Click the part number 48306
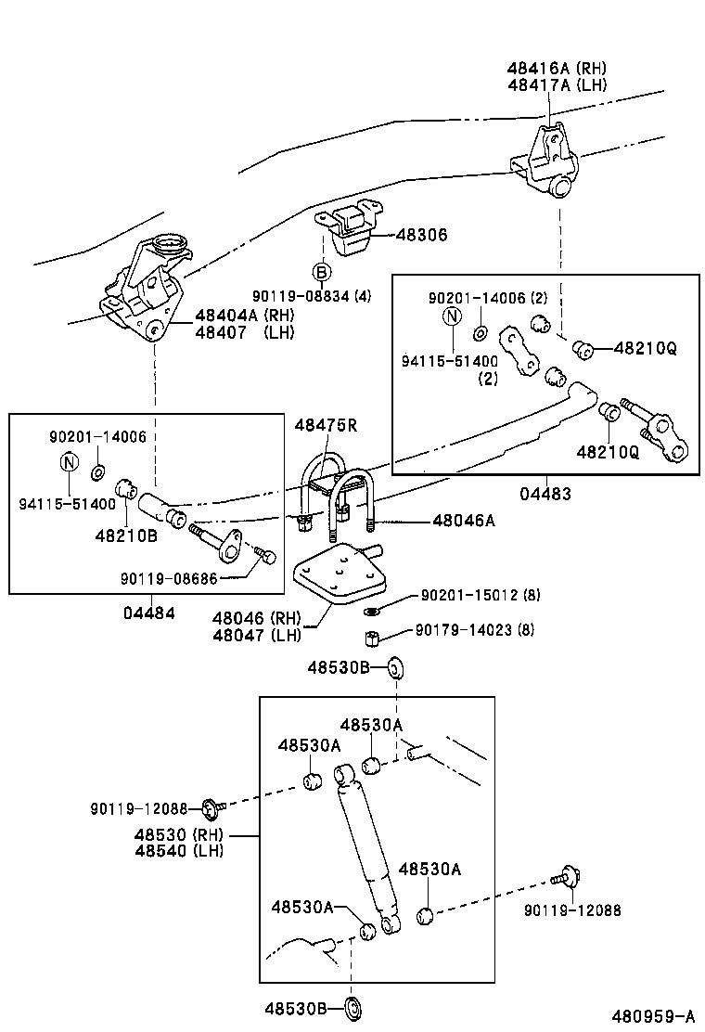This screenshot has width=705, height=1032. [x=421, y=235]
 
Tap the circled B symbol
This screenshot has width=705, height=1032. [x=322, y=272]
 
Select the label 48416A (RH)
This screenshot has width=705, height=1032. [x=557, y=68]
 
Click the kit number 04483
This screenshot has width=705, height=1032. [x=545, y=493]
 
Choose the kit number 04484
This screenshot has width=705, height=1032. [x=149, y=613]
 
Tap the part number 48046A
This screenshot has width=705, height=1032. [x=464, y=521]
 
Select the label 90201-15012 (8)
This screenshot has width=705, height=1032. [x=481, y=595]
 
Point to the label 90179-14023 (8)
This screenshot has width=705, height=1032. [x=475, y=630]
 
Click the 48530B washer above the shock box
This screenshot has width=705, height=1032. [x=394, y=669]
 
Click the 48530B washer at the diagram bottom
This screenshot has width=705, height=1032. [x=353, y=1008]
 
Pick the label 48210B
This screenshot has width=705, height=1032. [x=126, y=535]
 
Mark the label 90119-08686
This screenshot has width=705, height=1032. [x=168, y=578]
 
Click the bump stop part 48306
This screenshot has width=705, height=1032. [x=348, y=230]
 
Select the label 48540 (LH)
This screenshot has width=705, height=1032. [x=179, y=850]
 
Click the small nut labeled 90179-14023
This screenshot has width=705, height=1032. [x=372, y=637]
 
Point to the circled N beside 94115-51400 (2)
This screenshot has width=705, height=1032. [x=453, y=316]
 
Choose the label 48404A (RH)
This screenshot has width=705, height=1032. [x=245, y=316]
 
